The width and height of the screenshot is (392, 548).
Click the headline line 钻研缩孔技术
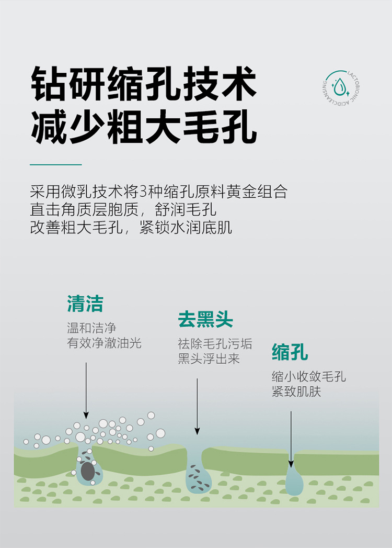click(144, 84)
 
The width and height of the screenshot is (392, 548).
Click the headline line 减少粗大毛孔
click(144, 127)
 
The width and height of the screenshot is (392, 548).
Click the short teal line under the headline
click(56, 164)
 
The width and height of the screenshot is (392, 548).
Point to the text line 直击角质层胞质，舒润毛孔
click(123, 209)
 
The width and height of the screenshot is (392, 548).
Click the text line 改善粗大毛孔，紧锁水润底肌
click(131, 228)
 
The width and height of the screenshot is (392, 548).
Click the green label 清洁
click(85, 304)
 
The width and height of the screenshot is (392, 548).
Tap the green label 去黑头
click(205, 319)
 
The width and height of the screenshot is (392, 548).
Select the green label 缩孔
click(290, 352)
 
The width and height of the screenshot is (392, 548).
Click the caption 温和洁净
click(91, 328)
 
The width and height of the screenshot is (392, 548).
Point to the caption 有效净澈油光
click(104, 343)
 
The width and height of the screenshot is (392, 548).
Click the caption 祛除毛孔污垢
click(215, 344)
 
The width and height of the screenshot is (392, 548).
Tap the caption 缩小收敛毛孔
click(308, 377)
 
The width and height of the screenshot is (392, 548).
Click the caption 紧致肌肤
click(296, 392)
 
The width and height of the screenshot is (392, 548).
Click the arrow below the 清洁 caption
click(86, 390)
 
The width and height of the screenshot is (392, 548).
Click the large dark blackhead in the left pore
click(88, 471)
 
